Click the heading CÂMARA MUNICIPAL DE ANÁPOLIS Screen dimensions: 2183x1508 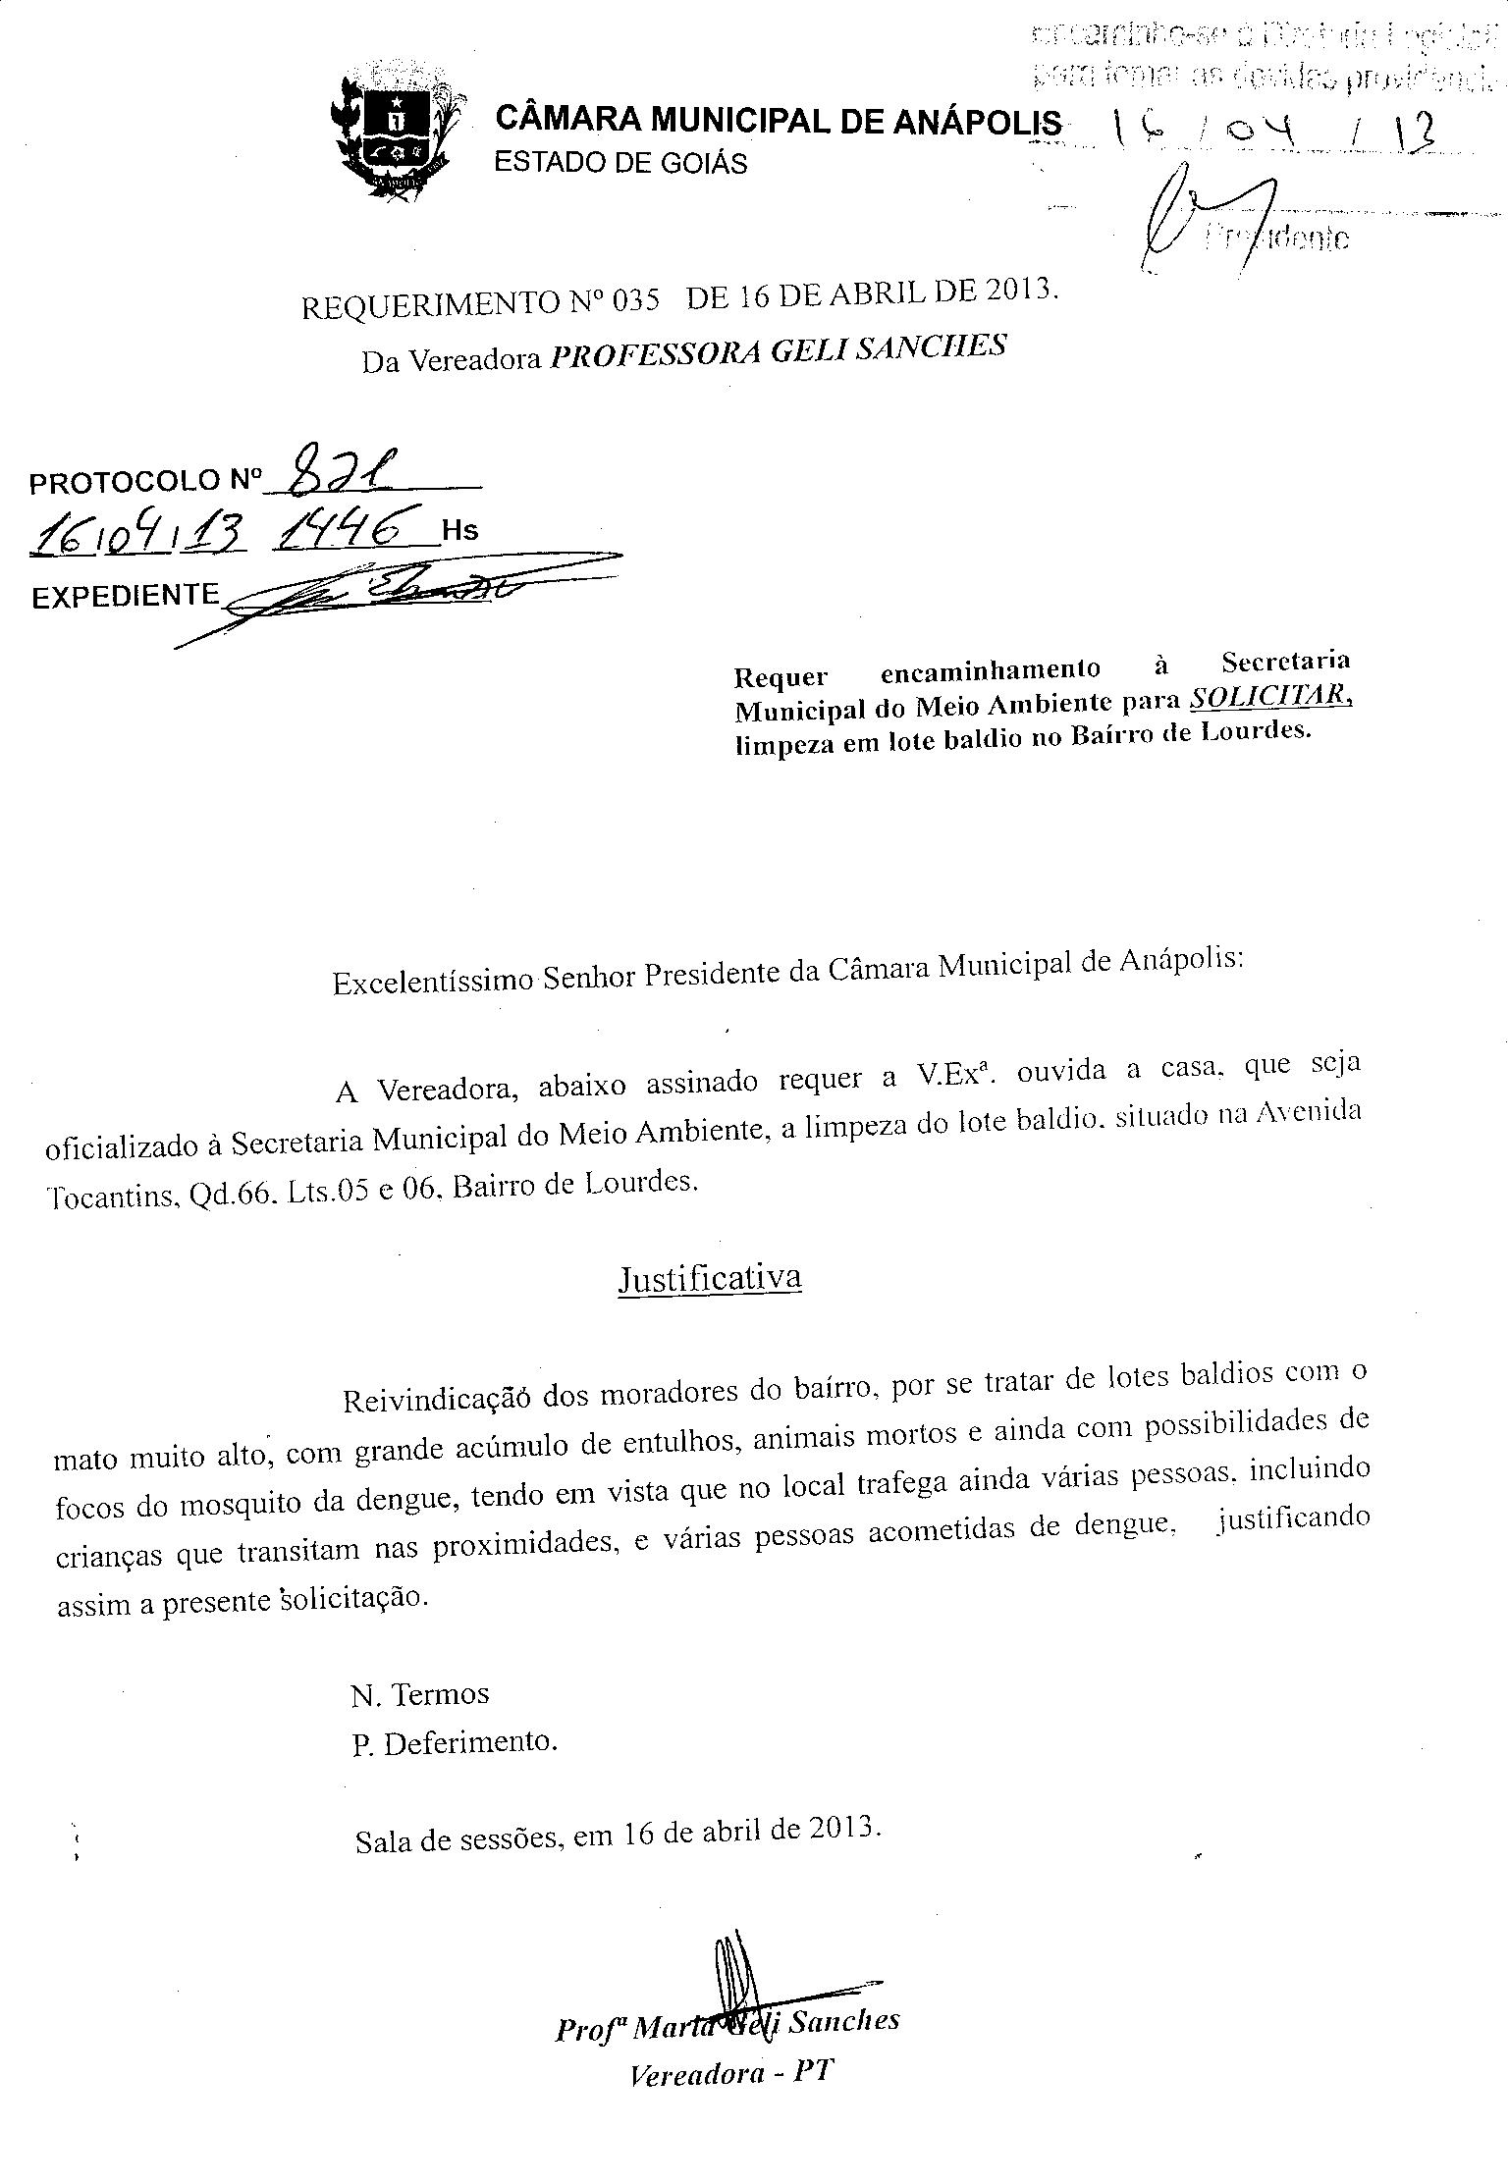[x=778, y=121]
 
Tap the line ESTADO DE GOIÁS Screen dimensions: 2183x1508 [x=619, y=162]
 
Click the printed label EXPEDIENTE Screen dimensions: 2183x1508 [x=125, y=595]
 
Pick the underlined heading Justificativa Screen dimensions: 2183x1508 [x=709, y=1278]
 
